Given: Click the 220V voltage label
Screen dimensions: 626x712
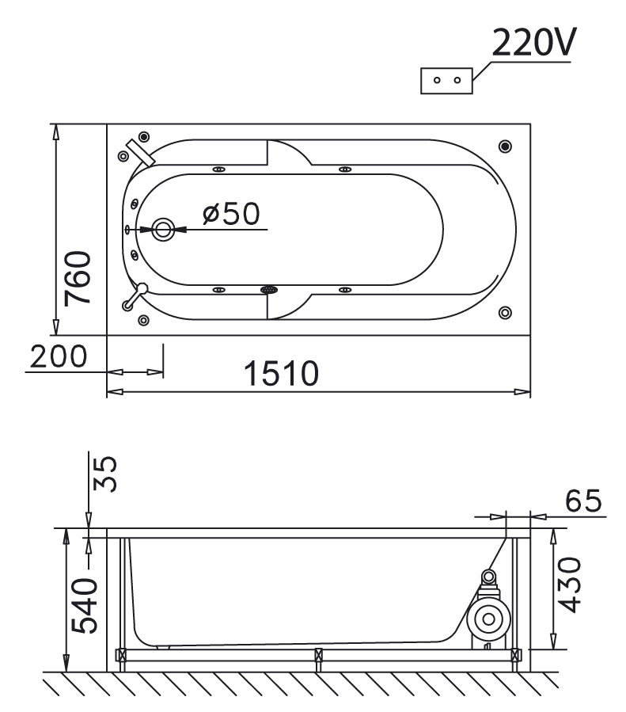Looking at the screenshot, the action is click(x=534, y=42).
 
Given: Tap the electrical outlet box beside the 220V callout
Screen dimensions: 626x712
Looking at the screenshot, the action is click(x=446, y=81).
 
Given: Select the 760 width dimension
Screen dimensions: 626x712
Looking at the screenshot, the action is click(x=78, y=278).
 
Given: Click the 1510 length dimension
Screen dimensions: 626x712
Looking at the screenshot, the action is click(x=281, y=373).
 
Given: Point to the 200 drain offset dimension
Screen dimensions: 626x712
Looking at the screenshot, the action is click(x=59, y=356).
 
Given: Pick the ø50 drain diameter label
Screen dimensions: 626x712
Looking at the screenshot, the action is click(x=231, y=213).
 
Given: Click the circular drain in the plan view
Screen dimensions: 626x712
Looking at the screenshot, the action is click(x=163, y=230).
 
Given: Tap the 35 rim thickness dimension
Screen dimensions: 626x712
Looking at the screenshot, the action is click(x=104, y=474).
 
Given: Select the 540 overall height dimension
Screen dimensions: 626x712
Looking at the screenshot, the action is click(x=85, y=606).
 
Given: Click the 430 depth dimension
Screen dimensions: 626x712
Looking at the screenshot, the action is click(x=569, y=585).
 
